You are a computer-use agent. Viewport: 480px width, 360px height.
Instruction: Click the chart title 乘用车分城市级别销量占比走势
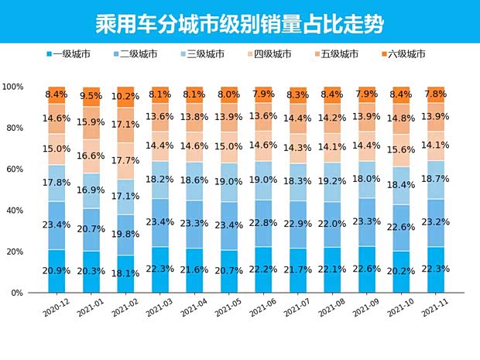(x=239, y=20)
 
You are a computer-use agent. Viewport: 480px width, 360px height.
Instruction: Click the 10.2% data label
(x=126, y=97)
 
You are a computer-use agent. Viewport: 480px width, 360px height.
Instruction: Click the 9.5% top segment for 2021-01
(x=91, y=97)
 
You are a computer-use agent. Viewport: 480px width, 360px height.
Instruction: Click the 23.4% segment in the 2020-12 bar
(x=57, y=225)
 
